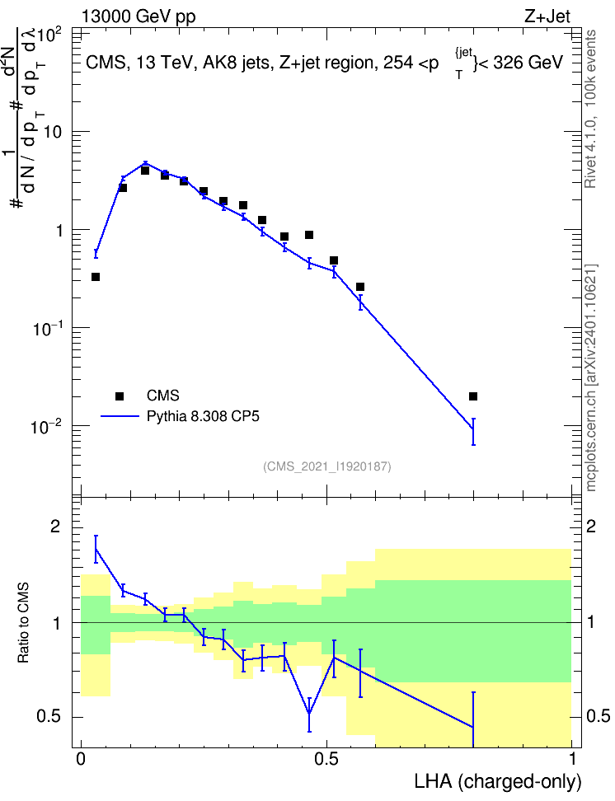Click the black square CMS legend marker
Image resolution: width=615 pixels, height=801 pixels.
pos(120,396)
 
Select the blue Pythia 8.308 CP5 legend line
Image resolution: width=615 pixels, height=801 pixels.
pos(120,416)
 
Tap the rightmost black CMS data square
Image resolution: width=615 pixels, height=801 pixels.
pos(473,396)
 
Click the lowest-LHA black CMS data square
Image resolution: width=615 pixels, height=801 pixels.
pos(96,277)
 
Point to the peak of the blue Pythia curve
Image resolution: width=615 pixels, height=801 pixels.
pos(145,163)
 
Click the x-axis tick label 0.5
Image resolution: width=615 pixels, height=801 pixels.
pos(326,759)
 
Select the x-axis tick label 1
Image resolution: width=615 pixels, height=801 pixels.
pos(572,759)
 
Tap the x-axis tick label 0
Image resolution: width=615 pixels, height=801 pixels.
pos(81,759)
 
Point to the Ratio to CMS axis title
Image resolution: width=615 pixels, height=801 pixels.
pos(23,623)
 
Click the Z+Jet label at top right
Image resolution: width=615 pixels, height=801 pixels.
pos(547,16)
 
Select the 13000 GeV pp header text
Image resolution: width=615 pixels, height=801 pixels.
pos(138,16)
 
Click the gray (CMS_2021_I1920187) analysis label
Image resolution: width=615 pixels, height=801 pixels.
pos(327,466)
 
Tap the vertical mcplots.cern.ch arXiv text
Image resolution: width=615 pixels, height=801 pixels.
pos(591,377)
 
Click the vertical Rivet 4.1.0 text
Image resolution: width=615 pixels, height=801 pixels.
pos(590,110)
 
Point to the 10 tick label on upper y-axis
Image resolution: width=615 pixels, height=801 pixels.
pos(51,133)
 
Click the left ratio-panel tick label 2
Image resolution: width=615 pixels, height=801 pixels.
pos(55,527)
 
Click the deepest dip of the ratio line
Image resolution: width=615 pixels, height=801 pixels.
pos(309,713)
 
